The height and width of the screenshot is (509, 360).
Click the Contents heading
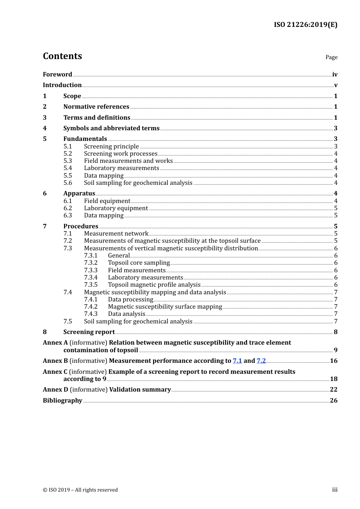coord(62,56)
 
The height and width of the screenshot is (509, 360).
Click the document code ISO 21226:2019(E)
coord(305,25)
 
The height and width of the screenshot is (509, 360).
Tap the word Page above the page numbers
coord(331,57)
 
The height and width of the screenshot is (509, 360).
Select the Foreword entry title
coord(57,75)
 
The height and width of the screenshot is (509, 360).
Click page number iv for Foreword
coord(335,75)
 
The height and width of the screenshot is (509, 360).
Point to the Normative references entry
coord(96,107)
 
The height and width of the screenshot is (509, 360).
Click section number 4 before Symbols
coord(45,128)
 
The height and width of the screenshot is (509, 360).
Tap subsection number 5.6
coord(67,183)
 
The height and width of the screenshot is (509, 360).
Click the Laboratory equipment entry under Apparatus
coord(116,208)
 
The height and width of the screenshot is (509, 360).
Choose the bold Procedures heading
coord(81,226)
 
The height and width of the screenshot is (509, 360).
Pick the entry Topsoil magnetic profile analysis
coord(154,285)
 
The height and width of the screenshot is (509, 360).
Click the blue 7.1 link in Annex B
coord(237,361)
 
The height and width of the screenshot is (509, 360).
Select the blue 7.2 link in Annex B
coord(261,361)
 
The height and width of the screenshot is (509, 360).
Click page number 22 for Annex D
coord(333,390)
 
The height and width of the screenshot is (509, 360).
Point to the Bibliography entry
coord(63,401)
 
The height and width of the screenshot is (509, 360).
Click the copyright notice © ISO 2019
coord(80,490)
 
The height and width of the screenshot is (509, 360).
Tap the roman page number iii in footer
coord(335,490)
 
